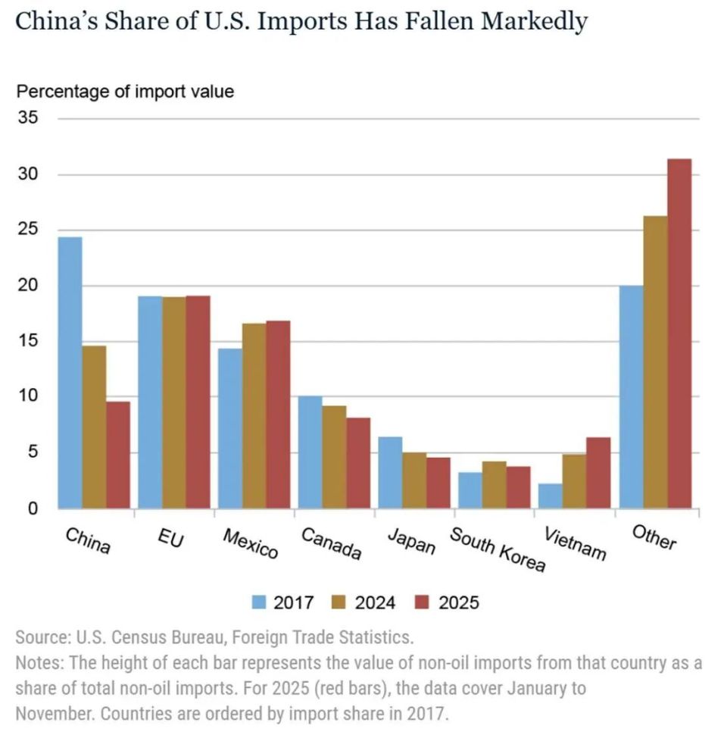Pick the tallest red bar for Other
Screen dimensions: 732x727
click(x=679, y=333)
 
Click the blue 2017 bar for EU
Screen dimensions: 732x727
click(x=150, y=402)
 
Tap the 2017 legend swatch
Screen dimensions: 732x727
click(x=259, y=602)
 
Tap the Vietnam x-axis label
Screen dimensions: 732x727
click(x=576, y=543)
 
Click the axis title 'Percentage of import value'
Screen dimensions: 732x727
click(x=125, y=92)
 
